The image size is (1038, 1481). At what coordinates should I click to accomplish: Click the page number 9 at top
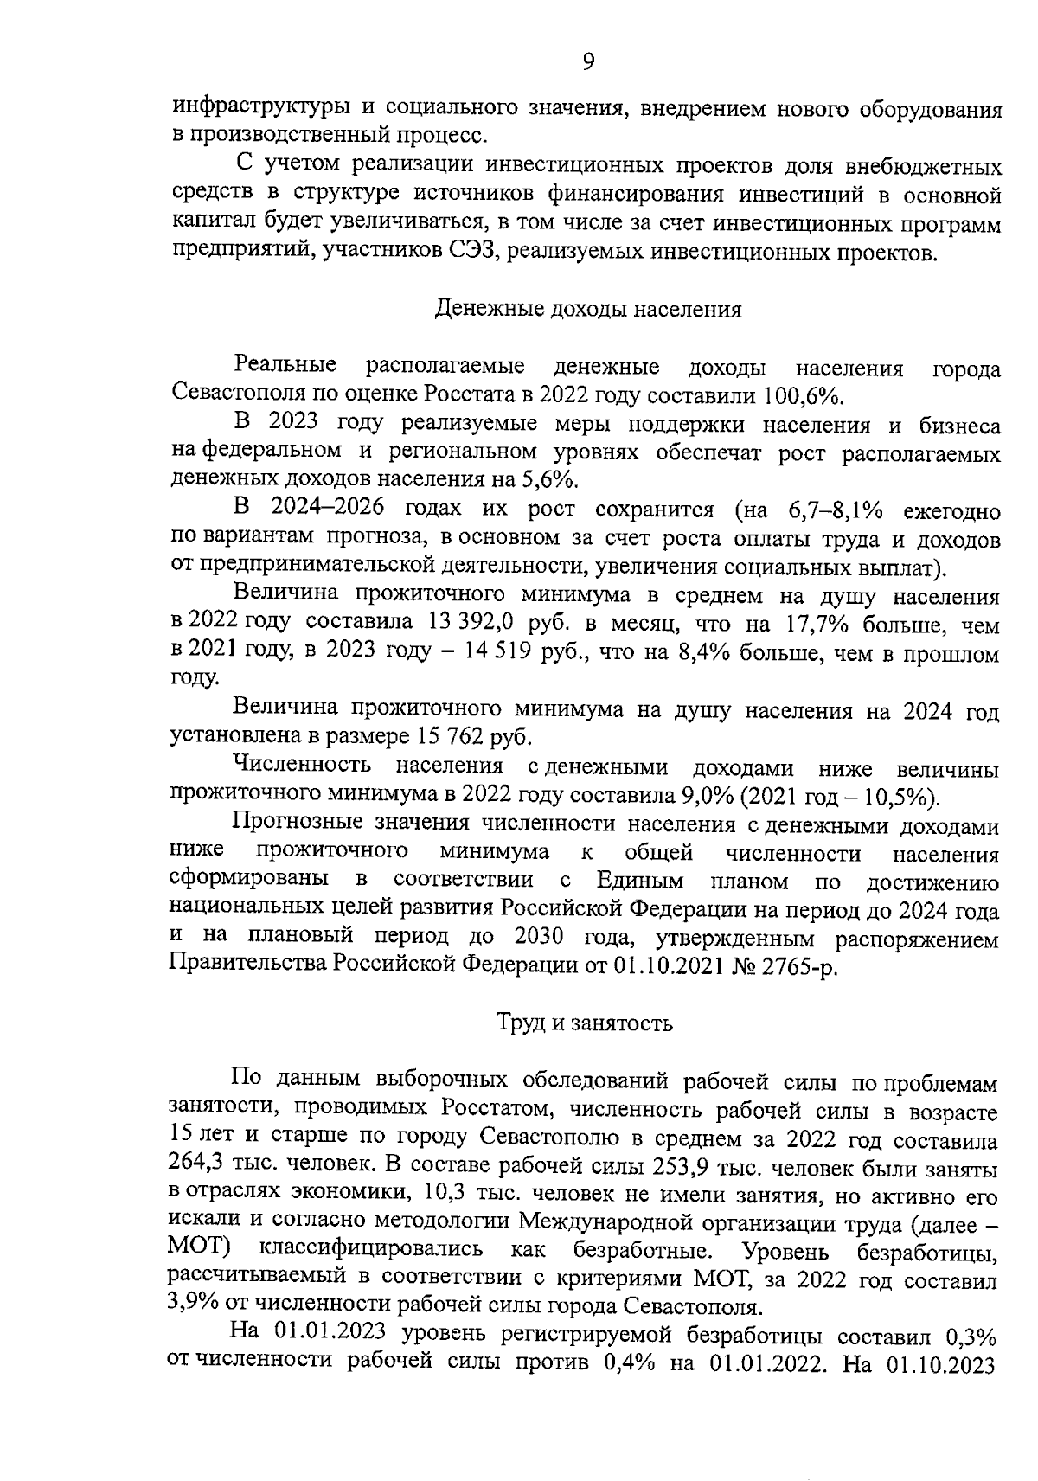(587, 61)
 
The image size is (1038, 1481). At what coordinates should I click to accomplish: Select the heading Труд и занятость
(585, 1023)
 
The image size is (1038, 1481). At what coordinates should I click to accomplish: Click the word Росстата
(471, 396)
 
